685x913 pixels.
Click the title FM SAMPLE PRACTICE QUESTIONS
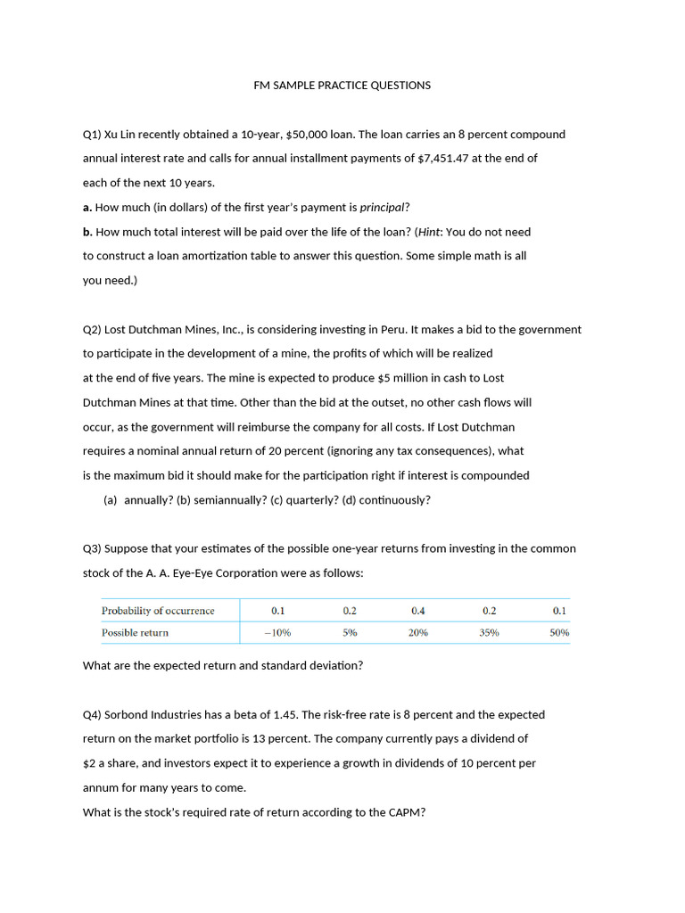pyautogui.click(x=342, y=86)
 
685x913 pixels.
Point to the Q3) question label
pyautogui.click(x=93, y=548)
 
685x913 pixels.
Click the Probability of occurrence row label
pyautogui.click(x=158, y=611)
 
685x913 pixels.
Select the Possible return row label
pyautogui.click(x=135, y=632)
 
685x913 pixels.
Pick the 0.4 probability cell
pyautogui.click(x=418, y=611)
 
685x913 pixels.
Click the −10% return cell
pyautogui.click(x=278, y=632)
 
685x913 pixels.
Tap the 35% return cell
pyautogui.click(x=489, y=632)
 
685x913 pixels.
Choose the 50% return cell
pyautogui.click(x=559, y=632)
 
